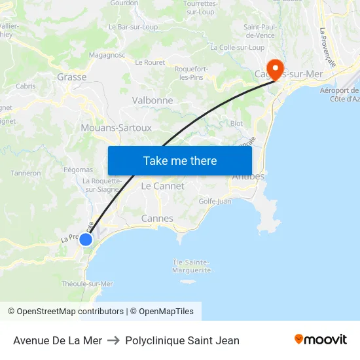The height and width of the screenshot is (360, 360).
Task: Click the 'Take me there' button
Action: click(x=180, y=160)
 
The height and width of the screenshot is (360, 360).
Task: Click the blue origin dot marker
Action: click(x=86, y=240)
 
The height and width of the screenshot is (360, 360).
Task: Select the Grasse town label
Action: click(x=72, y=77)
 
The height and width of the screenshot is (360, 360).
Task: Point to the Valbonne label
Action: click(x=153, y=101)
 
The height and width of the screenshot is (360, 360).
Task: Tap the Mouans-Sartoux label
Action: click(x=116, y=128)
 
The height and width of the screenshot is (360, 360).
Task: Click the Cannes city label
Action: click(x=157, y=219)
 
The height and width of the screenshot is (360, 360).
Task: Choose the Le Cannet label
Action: click(x=163, y=187)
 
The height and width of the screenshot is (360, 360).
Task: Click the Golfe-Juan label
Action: click(x=215, y=202)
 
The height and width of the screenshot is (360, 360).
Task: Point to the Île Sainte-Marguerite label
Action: click(x=192, y=266)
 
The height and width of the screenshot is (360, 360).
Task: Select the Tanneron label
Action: click(x=26, y=173)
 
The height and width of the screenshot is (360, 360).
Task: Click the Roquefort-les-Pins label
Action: click(x=192, y=73)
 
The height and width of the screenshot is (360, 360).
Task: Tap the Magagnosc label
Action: click(x=107, y=56)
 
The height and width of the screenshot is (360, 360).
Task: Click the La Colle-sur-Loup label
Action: click(x=237, y=48)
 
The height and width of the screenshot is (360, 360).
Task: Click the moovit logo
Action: click(x=321, y=340)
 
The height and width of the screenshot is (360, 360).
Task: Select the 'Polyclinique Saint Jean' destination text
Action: click(x=182, y=340)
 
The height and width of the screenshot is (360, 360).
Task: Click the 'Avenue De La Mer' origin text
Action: click(x=58, y=340)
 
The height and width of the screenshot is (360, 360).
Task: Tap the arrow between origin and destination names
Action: click(x=114, y=340)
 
